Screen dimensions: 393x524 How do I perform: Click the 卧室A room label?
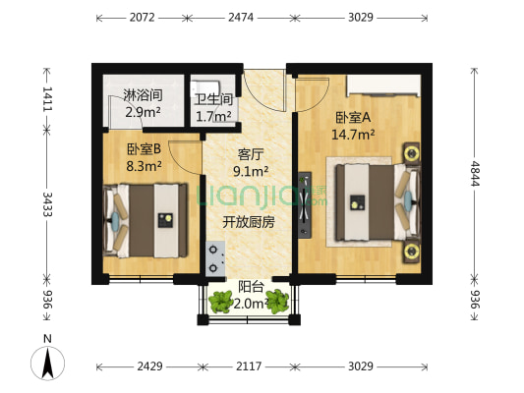click(353, 118)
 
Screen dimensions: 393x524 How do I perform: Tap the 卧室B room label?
click(144, 150)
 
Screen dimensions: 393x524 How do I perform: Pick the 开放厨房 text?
click(248, 222)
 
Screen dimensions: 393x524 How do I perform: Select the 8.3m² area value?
click(144, 167)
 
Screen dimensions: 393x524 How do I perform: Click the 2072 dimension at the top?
click(142, 18)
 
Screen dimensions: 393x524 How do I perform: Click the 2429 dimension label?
click(149, 366)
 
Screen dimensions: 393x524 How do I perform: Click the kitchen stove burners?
click(213, 254)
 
